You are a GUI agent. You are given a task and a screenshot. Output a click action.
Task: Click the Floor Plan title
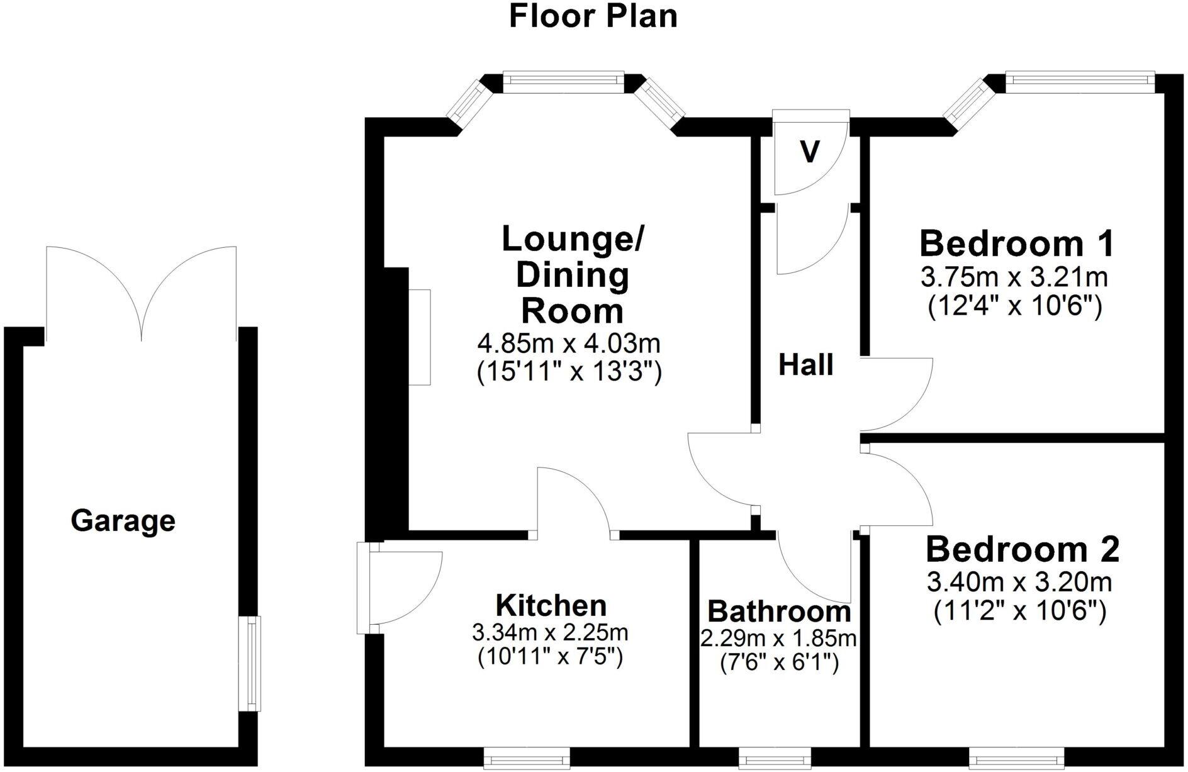coord(593,16)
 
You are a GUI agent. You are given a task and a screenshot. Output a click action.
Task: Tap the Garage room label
coord(123,521)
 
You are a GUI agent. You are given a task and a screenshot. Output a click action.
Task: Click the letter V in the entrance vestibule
coord(810,152)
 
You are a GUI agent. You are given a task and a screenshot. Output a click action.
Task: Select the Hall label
coord(805,365)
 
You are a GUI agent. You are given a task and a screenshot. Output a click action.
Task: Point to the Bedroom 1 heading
coord(1016,243)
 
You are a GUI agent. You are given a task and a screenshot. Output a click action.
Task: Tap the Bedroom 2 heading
coord(1022,549)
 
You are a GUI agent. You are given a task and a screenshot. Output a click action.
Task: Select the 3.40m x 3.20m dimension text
coord(1019,582)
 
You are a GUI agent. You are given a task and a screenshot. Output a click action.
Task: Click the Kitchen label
coord(551,605)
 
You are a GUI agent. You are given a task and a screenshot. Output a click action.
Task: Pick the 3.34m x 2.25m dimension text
coord(550,632)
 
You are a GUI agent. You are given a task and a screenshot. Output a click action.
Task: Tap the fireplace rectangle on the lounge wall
coord(420,337)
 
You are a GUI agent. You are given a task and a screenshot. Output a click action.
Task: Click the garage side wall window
coord(253,664)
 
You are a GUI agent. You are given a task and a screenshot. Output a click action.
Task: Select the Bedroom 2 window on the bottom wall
coord(1016,758)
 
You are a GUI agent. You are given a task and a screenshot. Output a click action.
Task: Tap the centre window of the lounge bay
coord(563,82)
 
